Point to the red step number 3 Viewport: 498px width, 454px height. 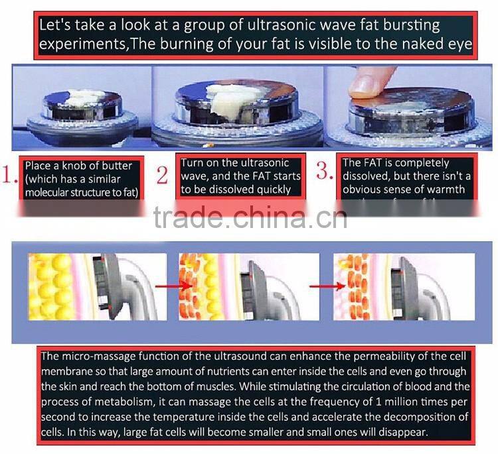(325, 172)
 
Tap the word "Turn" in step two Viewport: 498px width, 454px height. (193, 163)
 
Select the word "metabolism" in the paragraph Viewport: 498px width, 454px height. (125, 402)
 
